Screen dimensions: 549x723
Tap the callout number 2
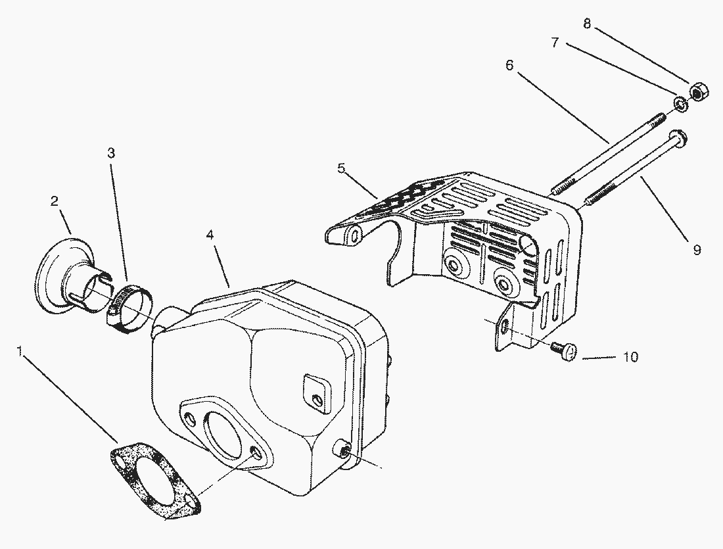pos(55,201)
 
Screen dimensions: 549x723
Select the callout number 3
pos(111,153)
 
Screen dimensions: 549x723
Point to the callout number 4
pos(210,234)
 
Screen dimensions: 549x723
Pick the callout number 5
pos(341,168)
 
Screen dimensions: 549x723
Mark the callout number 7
pos(555,43)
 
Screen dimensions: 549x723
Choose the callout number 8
pos(587,24)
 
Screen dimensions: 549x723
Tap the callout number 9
pos(697,250)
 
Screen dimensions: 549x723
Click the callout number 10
pos(630,358)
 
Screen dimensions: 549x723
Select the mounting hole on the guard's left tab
pos(356,235)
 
